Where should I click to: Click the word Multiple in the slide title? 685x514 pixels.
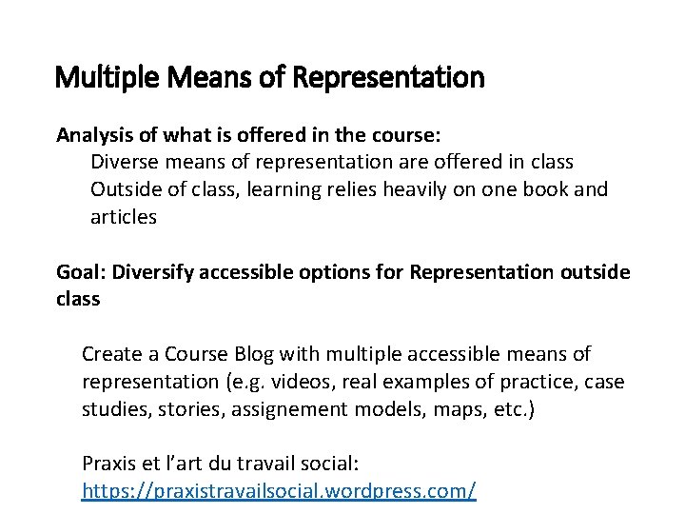97,77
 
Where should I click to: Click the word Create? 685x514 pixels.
110,355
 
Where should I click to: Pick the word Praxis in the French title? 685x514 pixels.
109,465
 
